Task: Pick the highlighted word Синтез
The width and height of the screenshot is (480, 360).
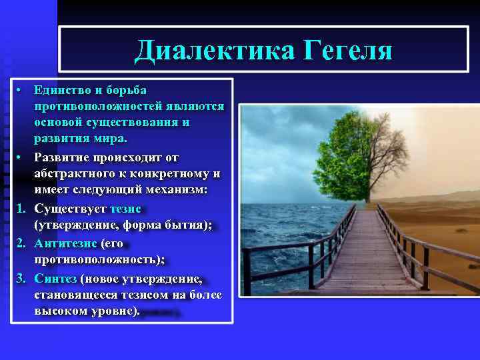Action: pyautogui.click(x=55, y=278)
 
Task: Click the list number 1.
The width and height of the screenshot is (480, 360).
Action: pyautogui.click(x=21, y=209)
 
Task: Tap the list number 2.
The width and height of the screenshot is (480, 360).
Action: pyautogui.click(x=21, y=243)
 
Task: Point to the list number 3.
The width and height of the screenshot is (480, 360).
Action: pyautogui.click(x=21, y=278)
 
